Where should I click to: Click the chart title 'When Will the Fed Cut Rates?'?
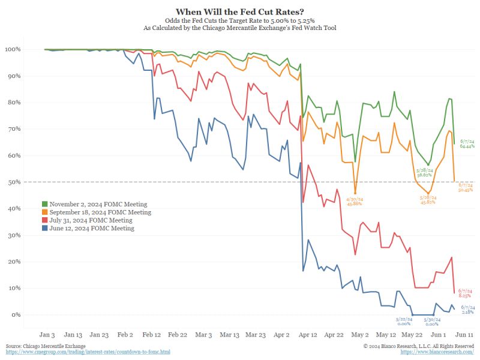(240, 11)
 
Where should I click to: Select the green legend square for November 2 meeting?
(44, 205)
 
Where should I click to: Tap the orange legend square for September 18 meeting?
(44, 212)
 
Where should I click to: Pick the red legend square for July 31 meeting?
(44, 220)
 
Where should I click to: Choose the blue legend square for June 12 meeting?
(44, 228)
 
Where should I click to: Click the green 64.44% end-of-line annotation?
(467, 144)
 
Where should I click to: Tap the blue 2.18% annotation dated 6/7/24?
(467, 310)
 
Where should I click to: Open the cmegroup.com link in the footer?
(88, 352)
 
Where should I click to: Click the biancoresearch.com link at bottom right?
(437, 352)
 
